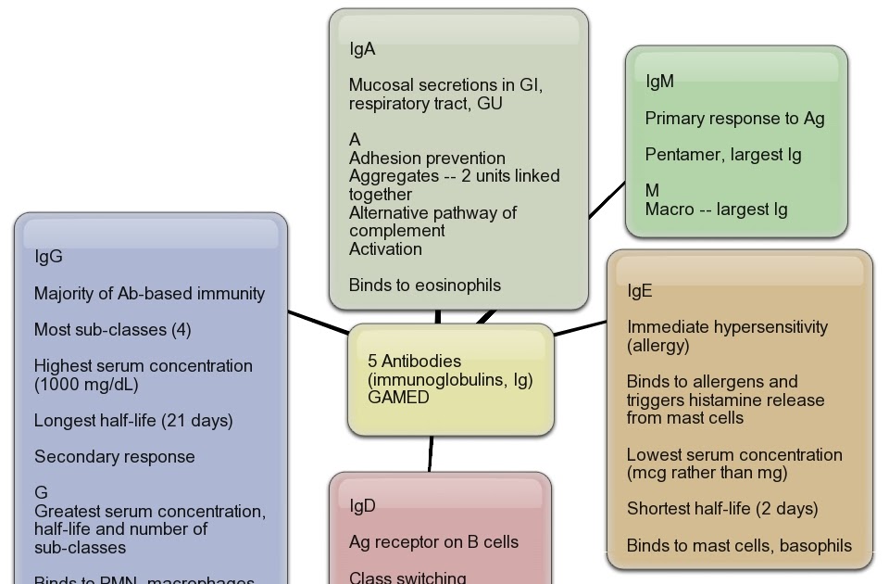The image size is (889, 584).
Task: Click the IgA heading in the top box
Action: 362,49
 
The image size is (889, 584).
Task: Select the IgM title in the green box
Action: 659,82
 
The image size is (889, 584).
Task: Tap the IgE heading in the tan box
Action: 640,291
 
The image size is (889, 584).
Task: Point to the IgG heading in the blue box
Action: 48,257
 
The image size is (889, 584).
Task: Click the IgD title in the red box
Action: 362,505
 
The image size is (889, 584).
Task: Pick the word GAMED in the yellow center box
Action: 398,398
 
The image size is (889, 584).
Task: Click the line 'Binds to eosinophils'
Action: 425,286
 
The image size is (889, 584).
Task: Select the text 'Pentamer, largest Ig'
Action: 723,155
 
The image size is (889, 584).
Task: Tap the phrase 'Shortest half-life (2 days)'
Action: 722,509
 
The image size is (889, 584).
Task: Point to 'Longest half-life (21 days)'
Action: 133,421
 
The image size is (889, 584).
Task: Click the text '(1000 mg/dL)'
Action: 86,384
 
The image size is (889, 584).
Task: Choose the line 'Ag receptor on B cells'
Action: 433,542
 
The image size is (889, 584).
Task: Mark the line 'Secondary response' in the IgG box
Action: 115,457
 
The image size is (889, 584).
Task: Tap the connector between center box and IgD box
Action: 431,453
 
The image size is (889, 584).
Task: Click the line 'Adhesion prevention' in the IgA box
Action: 427,159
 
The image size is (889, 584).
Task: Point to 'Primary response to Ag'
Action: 734,119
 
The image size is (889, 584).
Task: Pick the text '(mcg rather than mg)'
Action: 707,473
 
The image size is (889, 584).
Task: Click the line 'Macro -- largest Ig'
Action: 716,209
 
